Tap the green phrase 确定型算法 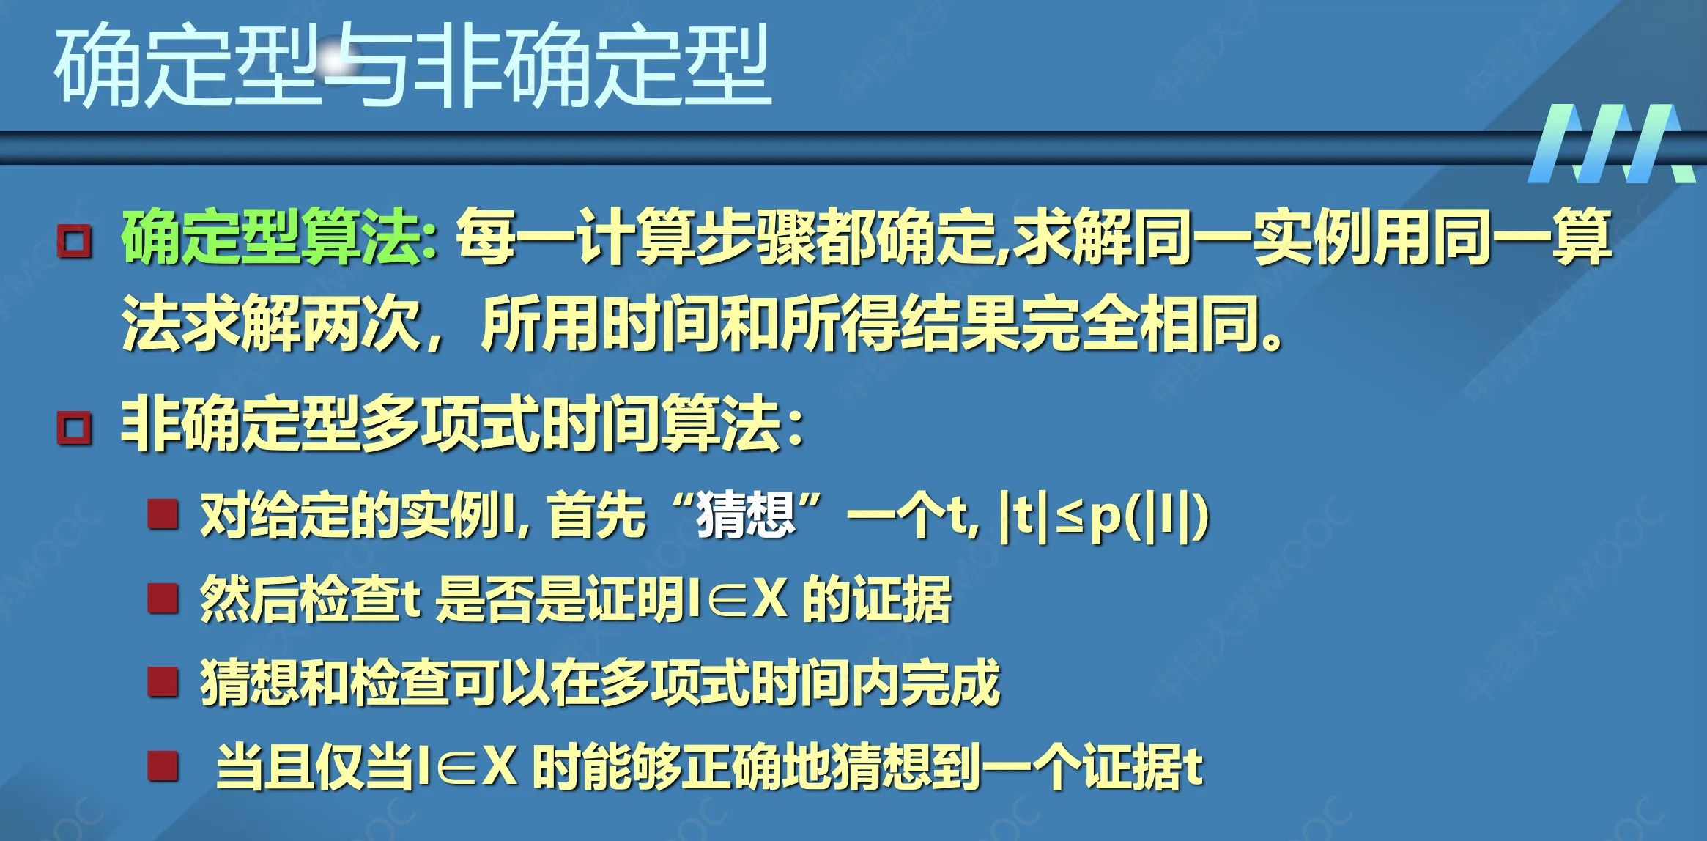(279, 237)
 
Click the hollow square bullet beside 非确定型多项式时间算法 (75, 428)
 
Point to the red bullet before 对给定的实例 (163, 514)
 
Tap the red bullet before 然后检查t (163, 599)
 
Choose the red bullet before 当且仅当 (163, 766)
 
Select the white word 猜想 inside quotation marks (746, 516)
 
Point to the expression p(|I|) (1148, 518)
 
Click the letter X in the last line (500, 767)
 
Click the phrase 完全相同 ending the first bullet (1139, 323)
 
